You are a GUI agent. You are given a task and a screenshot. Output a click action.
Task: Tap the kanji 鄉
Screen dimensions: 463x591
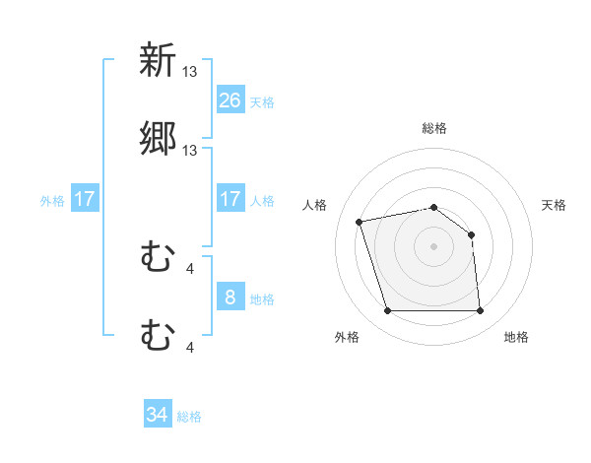point(158,139)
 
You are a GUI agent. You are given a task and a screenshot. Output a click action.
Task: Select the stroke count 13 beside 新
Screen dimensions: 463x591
point(191,71)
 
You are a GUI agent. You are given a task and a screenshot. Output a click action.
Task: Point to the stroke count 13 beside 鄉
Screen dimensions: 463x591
point(191,151)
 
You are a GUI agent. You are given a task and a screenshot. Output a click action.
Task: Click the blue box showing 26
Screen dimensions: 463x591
point(230,100)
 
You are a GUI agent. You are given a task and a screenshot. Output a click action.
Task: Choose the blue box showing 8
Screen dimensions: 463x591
point(230,298)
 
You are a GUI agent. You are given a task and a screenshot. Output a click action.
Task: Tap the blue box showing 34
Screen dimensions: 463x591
point(158,416)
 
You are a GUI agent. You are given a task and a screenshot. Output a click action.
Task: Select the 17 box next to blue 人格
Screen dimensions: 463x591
point(230,199)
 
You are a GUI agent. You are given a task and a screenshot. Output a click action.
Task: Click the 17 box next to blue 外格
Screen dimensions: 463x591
point(85,199)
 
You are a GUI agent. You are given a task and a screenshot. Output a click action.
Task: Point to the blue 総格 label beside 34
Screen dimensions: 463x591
point(189,417)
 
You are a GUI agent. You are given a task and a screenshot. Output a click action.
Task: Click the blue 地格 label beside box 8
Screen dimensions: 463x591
point(262,298)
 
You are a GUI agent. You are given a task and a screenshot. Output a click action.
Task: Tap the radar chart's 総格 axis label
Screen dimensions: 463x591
point(433,128)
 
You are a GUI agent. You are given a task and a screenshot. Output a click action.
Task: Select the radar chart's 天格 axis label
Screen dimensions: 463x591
point(555,205)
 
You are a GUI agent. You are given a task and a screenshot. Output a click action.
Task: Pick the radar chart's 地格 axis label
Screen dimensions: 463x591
point(516,337)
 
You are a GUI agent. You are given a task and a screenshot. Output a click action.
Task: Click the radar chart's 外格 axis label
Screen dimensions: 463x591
point(347,337)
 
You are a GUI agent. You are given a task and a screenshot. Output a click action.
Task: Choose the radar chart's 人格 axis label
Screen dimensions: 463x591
point(316,205)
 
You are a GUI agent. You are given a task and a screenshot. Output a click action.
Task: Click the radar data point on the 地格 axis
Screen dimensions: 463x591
point(480,311)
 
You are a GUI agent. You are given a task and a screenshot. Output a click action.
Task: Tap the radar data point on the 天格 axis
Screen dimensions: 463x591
point(471,234)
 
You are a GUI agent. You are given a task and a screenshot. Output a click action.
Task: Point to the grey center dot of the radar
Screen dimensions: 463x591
point(433,246)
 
